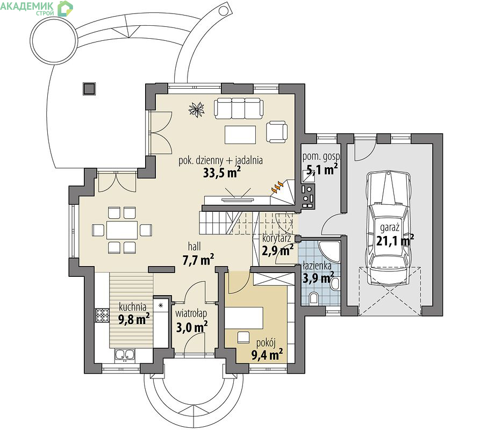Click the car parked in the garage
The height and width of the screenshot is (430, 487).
[389, 228]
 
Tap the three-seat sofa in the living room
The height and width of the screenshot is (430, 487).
[239, 109]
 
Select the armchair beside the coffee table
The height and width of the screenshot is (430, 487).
[276, 132]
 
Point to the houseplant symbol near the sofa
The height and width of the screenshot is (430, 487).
[197, 109]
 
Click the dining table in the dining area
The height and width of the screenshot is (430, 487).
[122, 230]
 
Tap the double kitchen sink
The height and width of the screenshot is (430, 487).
[125, 355]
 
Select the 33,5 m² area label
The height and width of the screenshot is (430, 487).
[222, 173]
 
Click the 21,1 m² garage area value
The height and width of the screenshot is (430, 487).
[395, 241]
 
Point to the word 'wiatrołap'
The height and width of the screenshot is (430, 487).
[191, 313]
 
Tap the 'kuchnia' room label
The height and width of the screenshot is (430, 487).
[133, 307]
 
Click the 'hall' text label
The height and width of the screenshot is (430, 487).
[195, 247]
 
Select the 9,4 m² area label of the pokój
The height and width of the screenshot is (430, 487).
[267, 355]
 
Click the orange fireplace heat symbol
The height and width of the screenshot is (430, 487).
[277, 187]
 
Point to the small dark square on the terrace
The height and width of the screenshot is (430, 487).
[89, 89]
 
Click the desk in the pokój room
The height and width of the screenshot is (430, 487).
[244, 318]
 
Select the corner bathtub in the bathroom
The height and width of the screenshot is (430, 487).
[329, 252]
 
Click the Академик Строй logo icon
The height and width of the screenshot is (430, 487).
[65, 9]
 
